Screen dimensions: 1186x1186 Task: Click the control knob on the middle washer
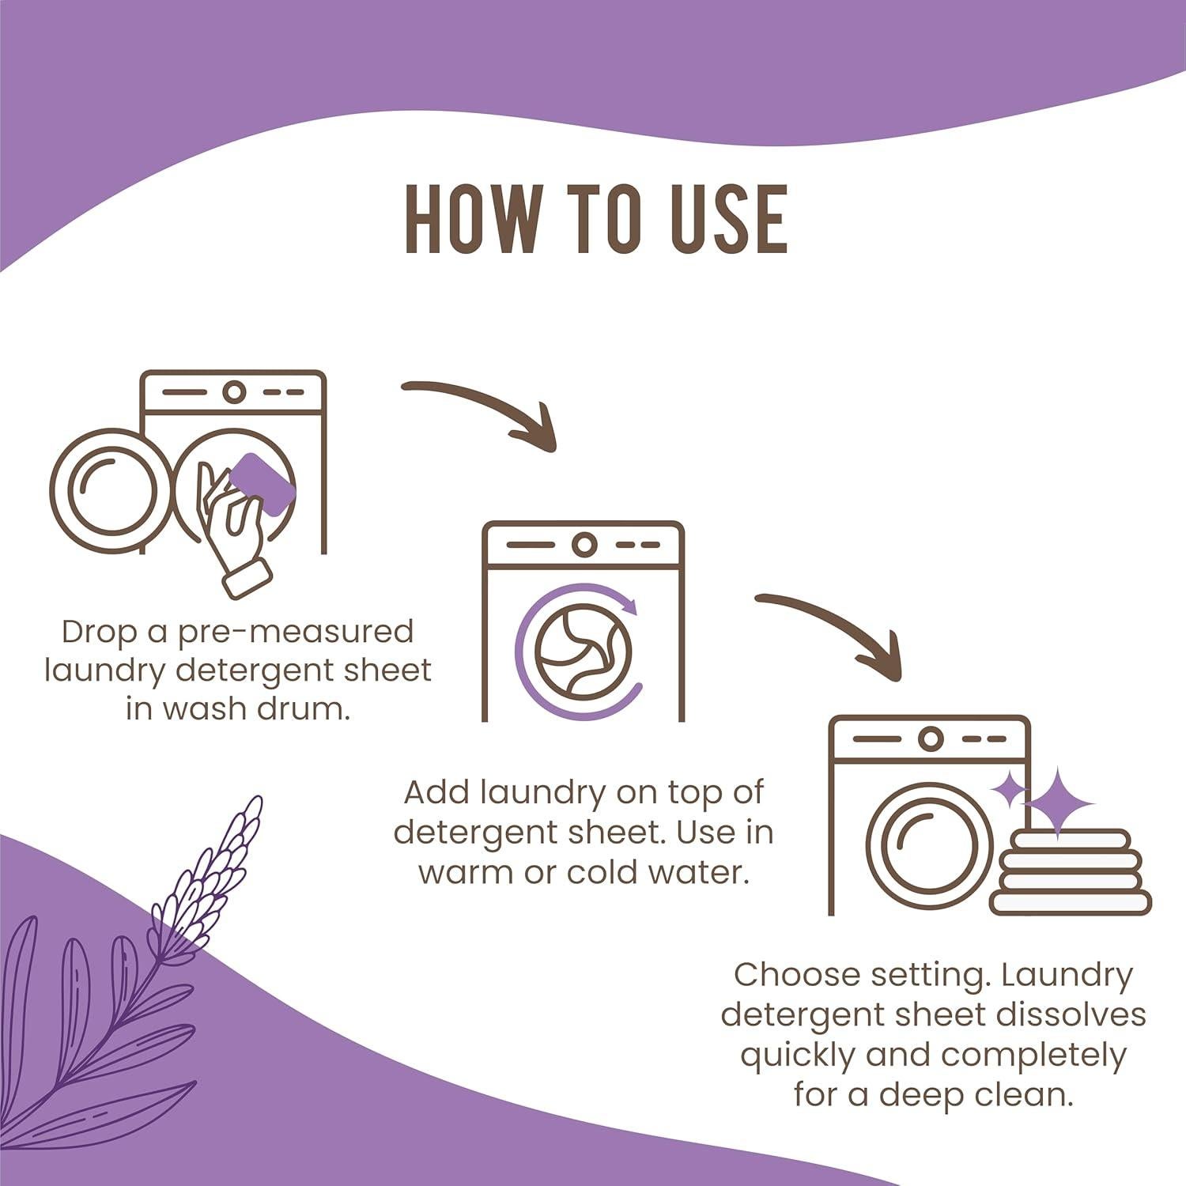(x=584, y=545)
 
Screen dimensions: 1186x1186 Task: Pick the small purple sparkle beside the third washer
(x=1008, y=788)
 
